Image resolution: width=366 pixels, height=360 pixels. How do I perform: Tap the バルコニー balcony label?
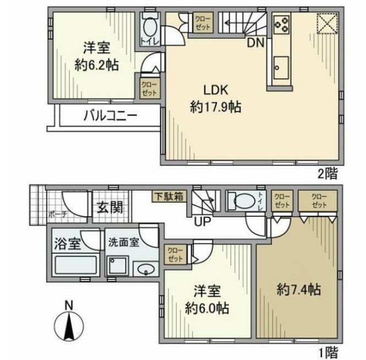pos(111,116)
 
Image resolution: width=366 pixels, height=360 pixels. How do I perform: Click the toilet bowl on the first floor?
pos(241,201)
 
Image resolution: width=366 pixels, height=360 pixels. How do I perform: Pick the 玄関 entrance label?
pos(110,208)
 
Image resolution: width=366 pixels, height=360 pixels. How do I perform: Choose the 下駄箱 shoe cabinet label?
pos(169,195)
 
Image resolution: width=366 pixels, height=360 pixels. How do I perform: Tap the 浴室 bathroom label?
pos(67,241)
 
